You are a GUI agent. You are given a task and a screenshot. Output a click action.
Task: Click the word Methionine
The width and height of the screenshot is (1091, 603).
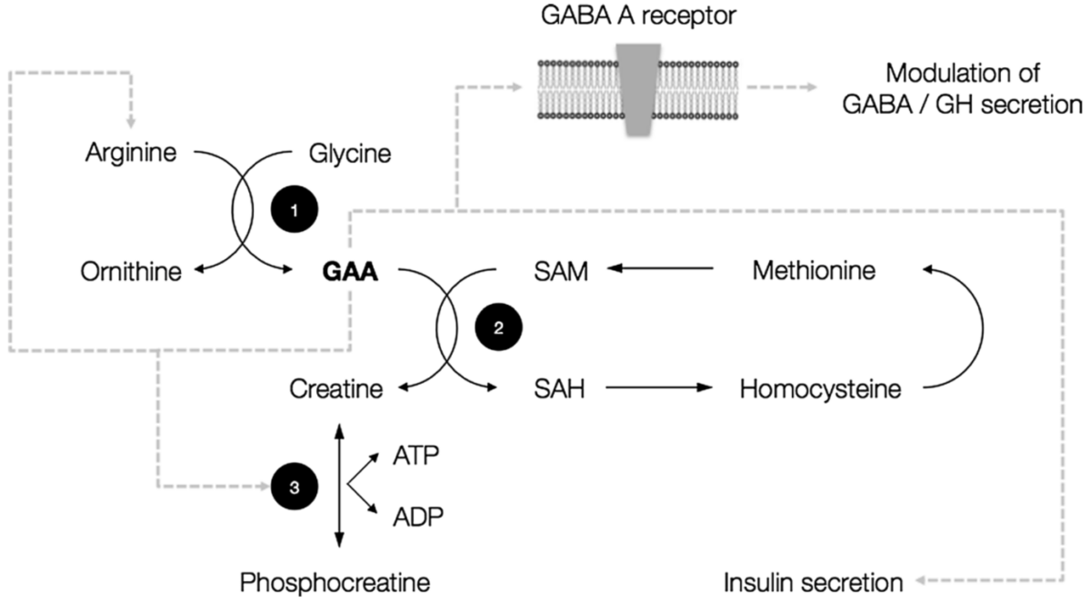[815, 270]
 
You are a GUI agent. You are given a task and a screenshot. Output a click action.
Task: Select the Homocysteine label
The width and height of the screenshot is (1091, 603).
[820, 390]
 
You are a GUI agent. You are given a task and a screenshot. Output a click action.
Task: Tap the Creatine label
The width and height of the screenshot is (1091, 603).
[336, 390]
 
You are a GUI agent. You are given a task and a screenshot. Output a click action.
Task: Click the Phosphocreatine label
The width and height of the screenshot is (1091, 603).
[335, 581]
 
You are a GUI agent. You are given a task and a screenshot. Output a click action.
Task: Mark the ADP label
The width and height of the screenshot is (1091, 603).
[417, 517]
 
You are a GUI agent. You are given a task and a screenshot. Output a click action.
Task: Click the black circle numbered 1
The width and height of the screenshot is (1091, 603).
[293, 210]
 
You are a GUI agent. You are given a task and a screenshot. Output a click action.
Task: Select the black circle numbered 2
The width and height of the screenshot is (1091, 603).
[497, 329]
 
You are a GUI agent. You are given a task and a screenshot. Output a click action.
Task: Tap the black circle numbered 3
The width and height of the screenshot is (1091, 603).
[293, 487]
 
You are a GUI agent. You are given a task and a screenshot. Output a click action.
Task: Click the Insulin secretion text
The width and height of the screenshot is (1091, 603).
[813, 581]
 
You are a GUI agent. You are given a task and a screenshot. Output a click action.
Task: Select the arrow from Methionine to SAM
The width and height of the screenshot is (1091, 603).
[661, 269]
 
